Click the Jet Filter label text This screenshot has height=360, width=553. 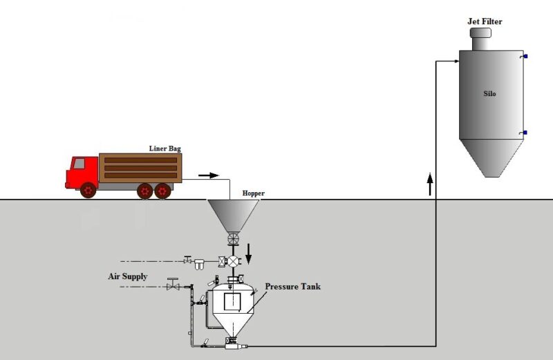pos(485,21)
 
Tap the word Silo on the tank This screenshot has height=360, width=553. pos(489,94)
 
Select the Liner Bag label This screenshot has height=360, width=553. pos(165,149)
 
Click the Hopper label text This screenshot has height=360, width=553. pos(253,193)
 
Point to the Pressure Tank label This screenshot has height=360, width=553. pos(292,286)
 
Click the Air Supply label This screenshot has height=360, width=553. pos(128,276)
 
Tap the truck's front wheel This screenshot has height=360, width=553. pos(88,191)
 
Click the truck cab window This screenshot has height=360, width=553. pos(79,164)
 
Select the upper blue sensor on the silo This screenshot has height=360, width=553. pos(525,57)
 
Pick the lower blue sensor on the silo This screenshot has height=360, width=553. pos(525,133)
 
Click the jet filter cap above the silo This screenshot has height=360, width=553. pos(480,32)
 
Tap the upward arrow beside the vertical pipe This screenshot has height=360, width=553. pos(430,184)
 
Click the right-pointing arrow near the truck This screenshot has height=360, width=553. pos(209,176)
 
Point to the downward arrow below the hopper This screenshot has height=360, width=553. pos(248,254)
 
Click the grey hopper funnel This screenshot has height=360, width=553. pos(233,216)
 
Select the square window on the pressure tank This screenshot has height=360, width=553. pos(232,302)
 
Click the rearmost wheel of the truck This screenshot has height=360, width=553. pos(162,191)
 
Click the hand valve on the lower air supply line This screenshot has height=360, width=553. pos(173,284)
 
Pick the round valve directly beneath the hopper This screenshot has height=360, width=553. pos(233,239)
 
